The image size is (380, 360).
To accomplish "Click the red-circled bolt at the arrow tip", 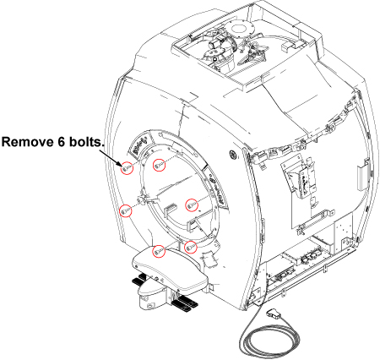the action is pyautogui.click(x=127, y=168).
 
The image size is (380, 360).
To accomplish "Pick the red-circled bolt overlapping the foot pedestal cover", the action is pyautogui.click(x=159, y=251).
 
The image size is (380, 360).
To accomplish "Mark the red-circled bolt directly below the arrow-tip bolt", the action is pyautogui.click(x=126, y=210).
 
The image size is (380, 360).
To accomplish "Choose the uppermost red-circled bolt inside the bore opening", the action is pyautogui.click(x=159, y=165).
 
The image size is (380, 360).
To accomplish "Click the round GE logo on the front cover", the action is pyautogui.click(x=234, y=155).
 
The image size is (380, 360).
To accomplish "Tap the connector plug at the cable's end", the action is pyautogui.click(x=274, y=314).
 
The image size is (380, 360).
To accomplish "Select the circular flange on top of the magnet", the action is pyautogui.click(x=240, y=29).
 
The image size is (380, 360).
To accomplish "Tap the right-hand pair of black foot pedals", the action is pyautogui.click(x=183, y=305).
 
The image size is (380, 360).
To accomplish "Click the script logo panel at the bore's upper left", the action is pyautogui.click(x=138, y=145).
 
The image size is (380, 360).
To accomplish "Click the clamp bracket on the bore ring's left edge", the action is pyautogui.click(x=143, y=197).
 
